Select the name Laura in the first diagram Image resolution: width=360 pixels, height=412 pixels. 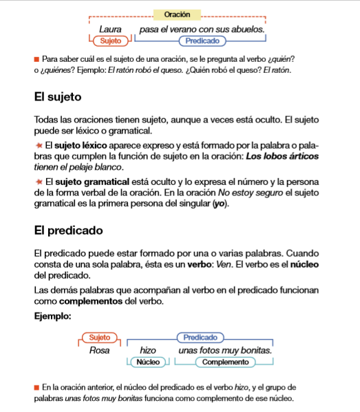coord(110,30)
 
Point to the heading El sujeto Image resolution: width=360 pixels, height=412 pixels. coord(58,96)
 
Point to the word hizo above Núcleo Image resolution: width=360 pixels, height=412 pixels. coord(149,350)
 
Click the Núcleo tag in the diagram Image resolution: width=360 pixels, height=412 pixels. coord(149,362)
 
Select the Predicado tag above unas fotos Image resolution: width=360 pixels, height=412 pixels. coord(200,338)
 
